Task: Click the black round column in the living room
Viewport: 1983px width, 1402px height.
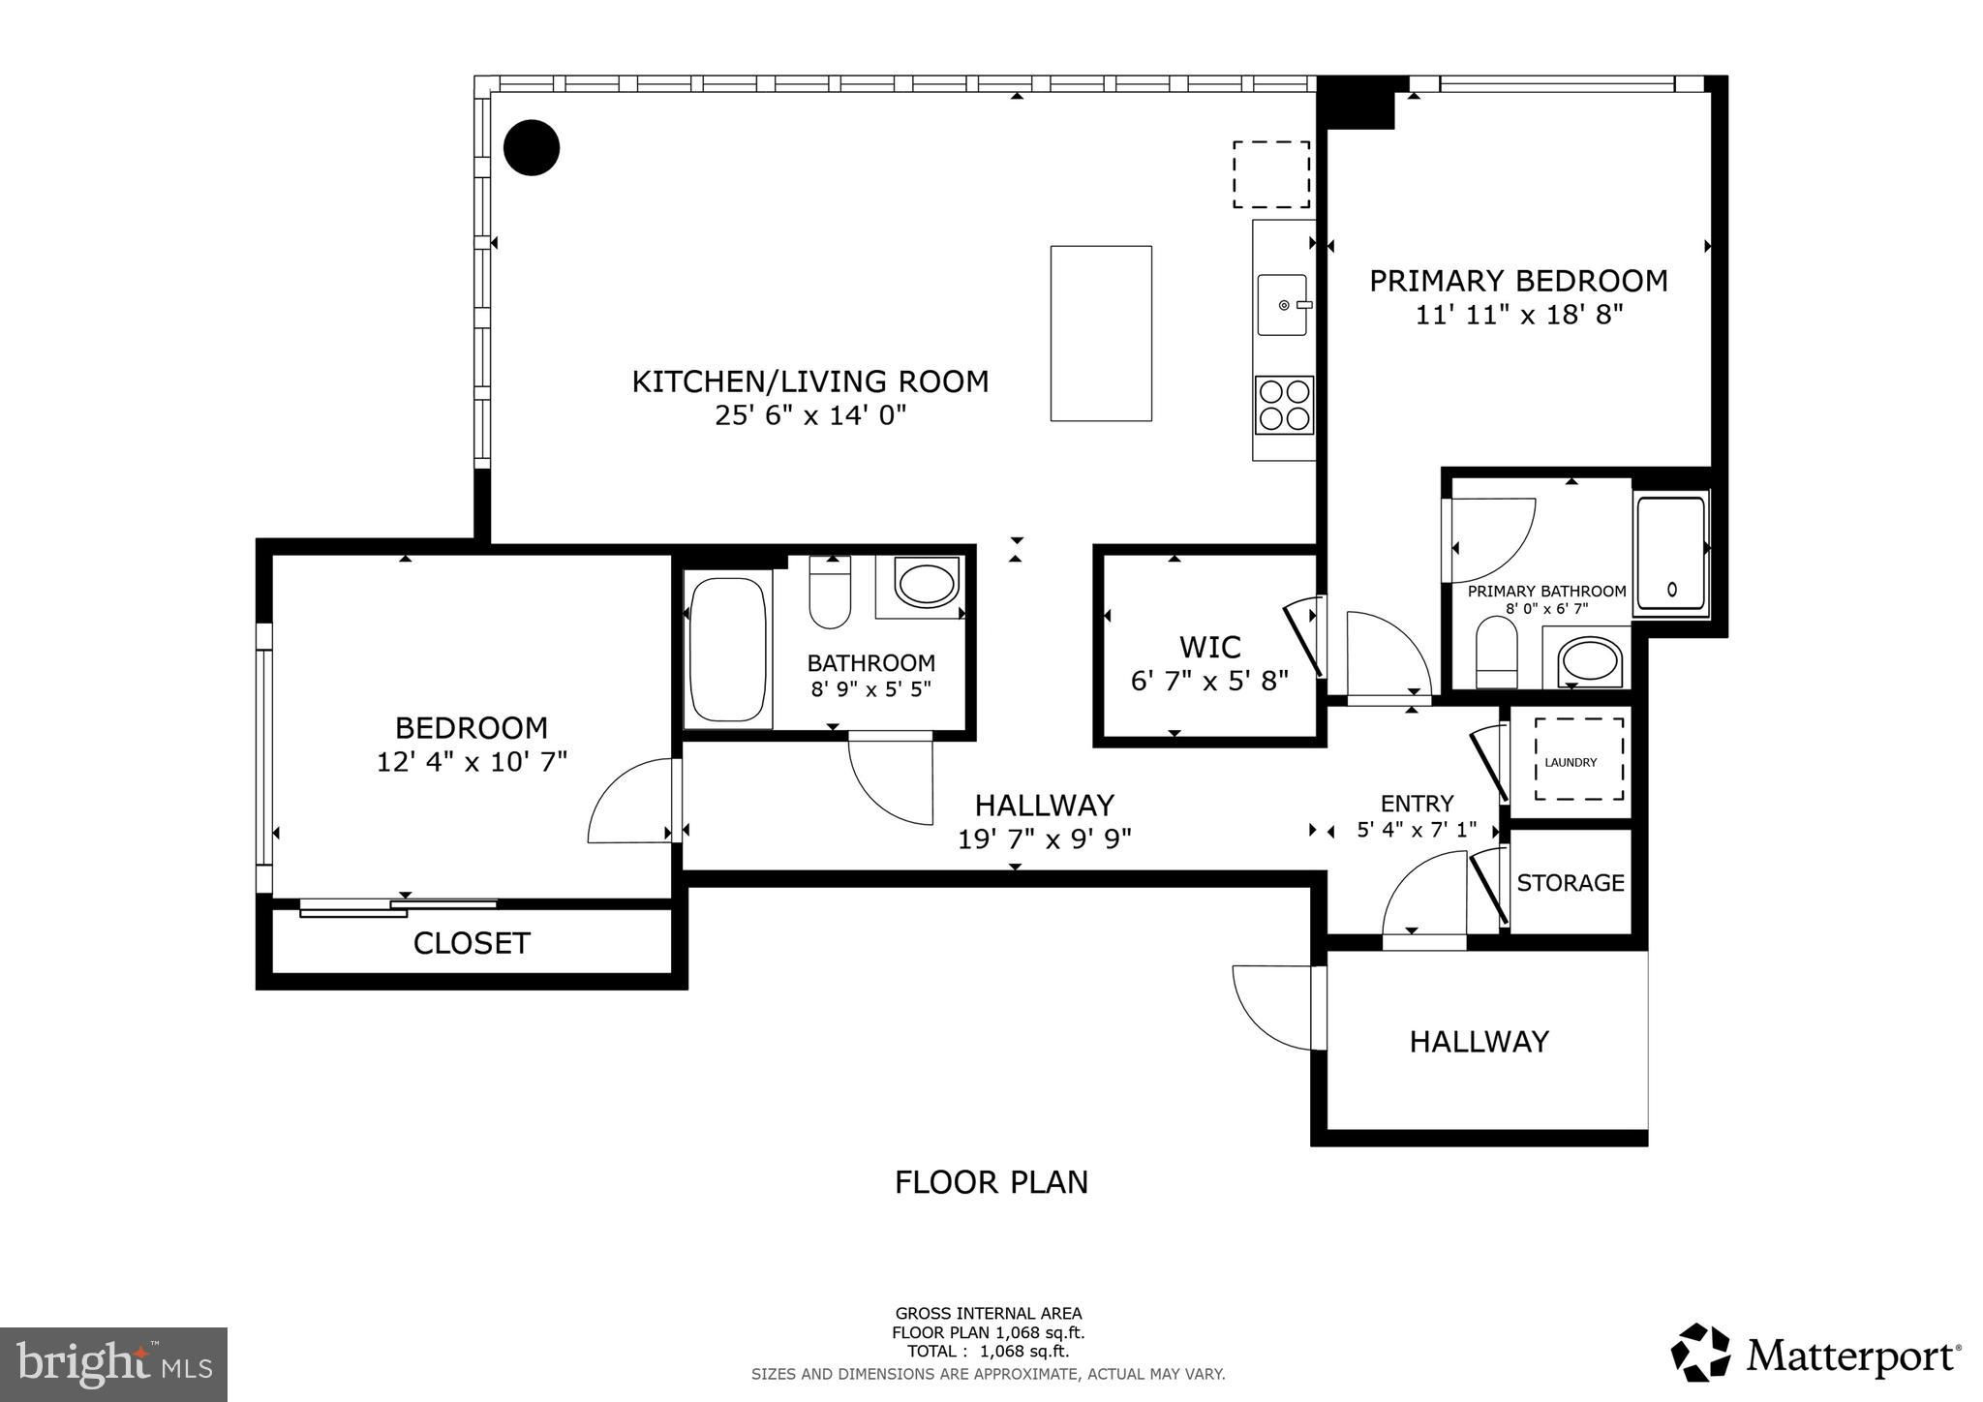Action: click(x=532, y=148)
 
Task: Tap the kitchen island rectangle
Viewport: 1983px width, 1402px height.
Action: click(x=1101, y=333)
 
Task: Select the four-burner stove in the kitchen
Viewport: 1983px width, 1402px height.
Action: click(x=1284, y=405)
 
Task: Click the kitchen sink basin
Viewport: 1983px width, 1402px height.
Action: click(x=1283, y=304)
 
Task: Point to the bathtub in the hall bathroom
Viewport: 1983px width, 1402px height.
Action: click(x=728, y=649)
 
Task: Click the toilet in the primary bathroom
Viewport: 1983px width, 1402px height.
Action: click(x=1497, y=652)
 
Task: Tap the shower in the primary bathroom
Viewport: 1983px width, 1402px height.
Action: click(x=1670, y=555)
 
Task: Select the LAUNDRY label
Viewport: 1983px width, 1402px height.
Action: click(x=1571, y=762)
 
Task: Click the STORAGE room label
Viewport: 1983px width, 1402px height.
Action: click(x=1571, y=882)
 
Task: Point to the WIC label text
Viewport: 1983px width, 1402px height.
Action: click(x=1210, y=646)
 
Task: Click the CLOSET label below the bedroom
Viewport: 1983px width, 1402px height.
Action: click(x=472, y=943)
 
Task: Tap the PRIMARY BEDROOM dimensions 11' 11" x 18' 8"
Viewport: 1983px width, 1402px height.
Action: click(x=1519, y=315)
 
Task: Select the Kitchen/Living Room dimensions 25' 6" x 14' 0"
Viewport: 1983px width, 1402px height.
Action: click(x=810, y=415)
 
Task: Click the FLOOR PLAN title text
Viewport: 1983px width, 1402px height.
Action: click(x=991, y=1182)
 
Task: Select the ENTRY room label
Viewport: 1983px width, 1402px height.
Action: click(x=1417, y=804)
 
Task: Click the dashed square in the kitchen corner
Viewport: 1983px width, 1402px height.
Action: click(x=1271, y=174)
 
